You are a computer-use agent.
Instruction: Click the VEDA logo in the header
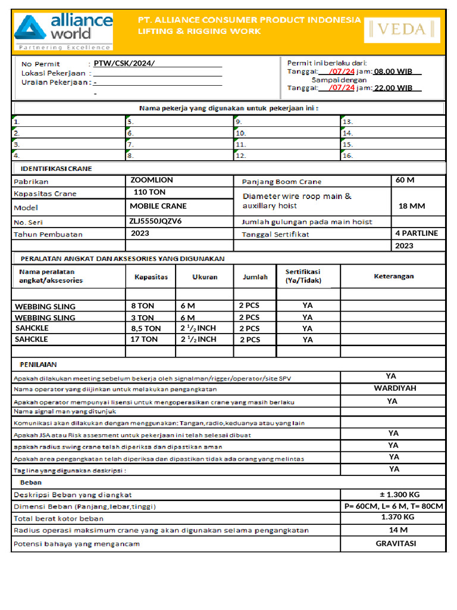point(402,29)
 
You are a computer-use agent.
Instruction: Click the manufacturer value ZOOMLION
point(152,180)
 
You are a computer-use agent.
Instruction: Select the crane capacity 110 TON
point(149,192)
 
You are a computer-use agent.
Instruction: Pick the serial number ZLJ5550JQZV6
point(155,220)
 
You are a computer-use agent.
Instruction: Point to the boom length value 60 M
point(405,180)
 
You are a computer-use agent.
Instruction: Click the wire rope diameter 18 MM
point(412,206)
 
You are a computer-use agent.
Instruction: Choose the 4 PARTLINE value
point(417,233)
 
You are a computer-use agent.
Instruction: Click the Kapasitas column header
point(151,277)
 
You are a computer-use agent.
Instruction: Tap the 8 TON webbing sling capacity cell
point(142,306)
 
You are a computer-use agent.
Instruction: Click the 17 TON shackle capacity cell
point(144,339)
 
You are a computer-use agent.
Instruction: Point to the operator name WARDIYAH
point(395,388)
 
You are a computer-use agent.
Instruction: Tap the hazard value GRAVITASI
point(396,543)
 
